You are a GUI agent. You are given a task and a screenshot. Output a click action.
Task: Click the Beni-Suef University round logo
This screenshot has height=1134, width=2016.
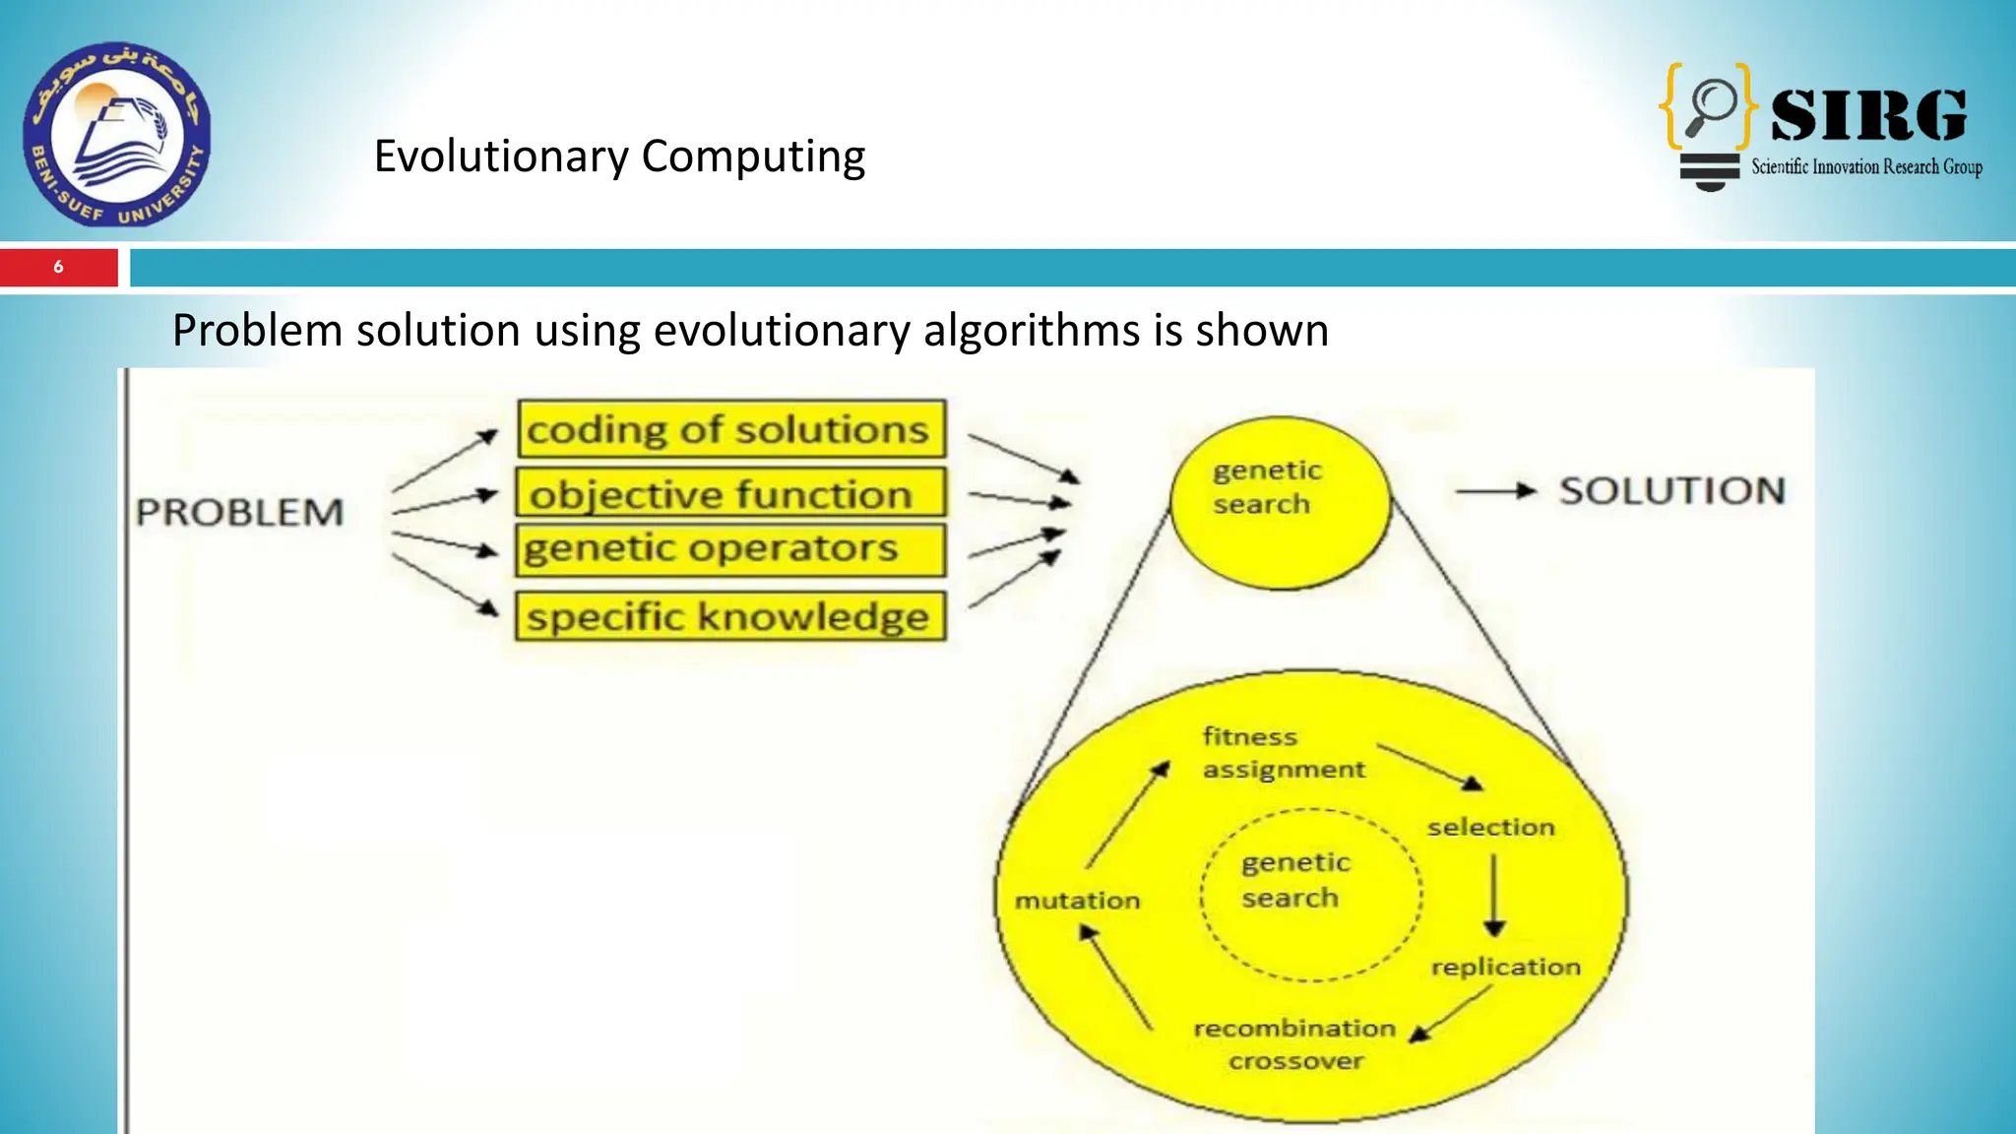(x=116, y=133)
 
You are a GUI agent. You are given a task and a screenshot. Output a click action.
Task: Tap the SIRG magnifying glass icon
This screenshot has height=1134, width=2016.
(x=1711, y=106)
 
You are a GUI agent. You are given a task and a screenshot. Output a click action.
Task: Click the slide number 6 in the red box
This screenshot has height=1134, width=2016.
(x=58, y=267)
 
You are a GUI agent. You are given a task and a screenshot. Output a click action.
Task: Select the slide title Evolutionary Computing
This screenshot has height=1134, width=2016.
(x=619, y=157)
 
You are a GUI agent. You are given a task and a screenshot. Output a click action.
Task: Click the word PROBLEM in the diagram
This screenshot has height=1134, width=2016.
(x=240, y=512)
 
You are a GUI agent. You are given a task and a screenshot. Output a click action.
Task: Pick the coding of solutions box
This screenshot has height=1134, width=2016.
(x=731, y=429)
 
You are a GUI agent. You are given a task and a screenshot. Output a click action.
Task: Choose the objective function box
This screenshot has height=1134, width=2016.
(x=730, y=493)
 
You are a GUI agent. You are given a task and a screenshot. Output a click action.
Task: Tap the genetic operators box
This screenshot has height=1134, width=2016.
(x=730, y=549)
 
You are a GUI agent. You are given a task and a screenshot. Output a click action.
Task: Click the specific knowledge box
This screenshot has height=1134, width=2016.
(x=730, y=616)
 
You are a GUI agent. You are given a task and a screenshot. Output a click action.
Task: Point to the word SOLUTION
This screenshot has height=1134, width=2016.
(x=1671, y=490)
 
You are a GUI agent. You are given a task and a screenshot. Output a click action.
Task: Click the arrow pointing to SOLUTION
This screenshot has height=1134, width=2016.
(x=1496, y=490)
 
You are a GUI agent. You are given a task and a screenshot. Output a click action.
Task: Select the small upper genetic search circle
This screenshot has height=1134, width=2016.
(x=1281, y=504)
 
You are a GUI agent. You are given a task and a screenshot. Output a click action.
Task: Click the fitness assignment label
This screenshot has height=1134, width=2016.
(x=1283, y=752)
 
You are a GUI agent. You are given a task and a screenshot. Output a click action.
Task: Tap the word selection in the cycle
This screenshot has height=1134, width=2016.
(x=1490, y=827)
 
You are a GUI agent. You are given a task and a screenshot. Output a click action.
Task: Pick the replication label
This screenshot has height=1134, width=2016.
(x=1505, y=967)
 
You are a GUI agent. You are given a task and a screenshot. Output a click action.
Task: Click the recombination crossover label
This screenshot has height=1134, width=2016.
(x=1294, y=1043)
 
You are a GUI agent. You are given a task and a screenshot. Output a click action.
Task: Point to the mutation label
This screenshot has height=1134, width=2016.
(x=1077, y=900)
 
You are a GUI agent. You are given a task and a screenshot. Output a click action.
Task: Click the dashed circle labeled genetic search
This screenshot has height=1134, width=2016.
(x=1310, y=894)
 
